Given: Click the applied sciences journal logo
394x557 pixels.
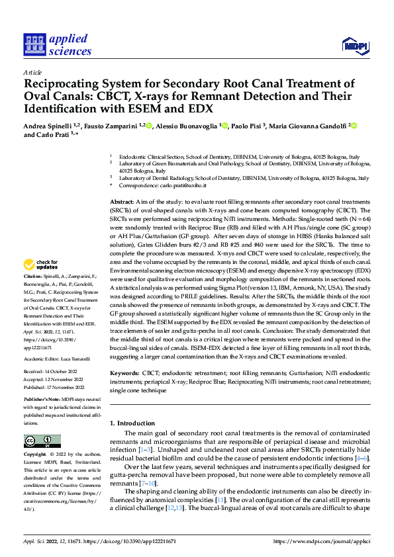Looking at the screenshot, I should click(x=58, y=44).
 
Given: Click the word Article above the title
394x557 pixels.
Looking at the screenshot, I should click(x=32, y=72).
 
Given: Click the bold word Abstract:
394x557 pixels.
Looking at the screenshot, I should click(x=121, y=200).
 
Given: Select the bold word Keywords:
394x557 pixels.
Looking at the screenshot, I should click(x=124, y=374).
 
